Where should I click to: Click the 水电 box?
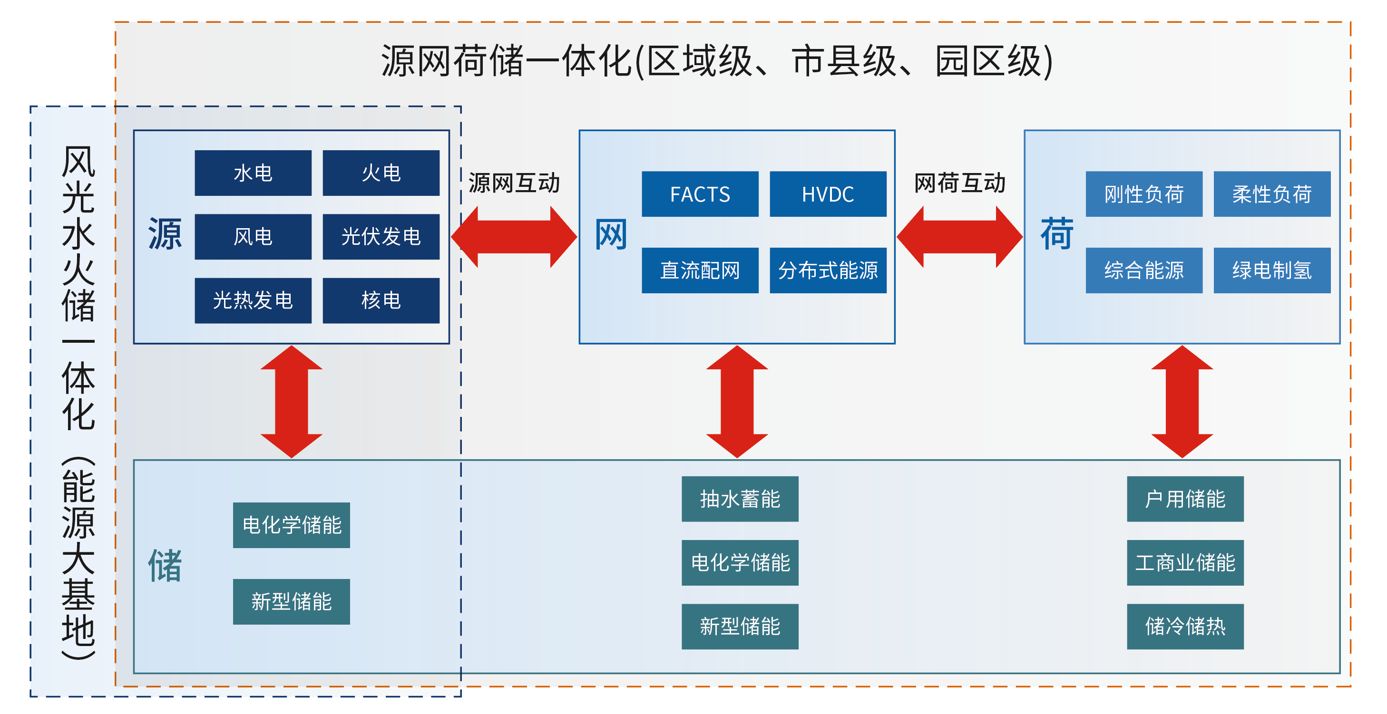point(253,173)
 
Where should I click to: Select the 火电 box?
point(381,173)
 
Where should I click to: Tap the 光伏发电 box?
point(381,237)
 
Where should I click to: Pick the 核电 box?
point(381,300)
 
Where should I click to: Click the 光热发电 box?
point(253,300)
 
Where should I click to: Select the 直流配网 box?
point(700,270)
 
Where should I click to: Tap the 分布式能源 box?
point(828,270)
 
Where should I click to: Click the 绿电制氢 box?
point(1272,270)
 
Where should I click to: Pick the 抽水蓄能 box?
point(740,499)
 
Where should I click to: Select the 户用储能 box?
point(1186,499)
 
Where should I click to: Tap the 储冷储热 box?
point(1186,627)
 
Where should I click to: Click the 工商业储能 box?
point(1186,563)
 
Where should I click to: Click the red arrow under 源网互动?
point(514,237)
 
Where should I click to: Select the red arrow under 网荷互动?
point(960,237)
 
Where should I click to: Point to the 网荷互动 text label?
point(960,183)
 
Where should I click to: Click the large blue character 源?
point(165,234)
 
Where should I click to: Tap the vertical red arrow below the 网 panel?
point(737,402)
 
